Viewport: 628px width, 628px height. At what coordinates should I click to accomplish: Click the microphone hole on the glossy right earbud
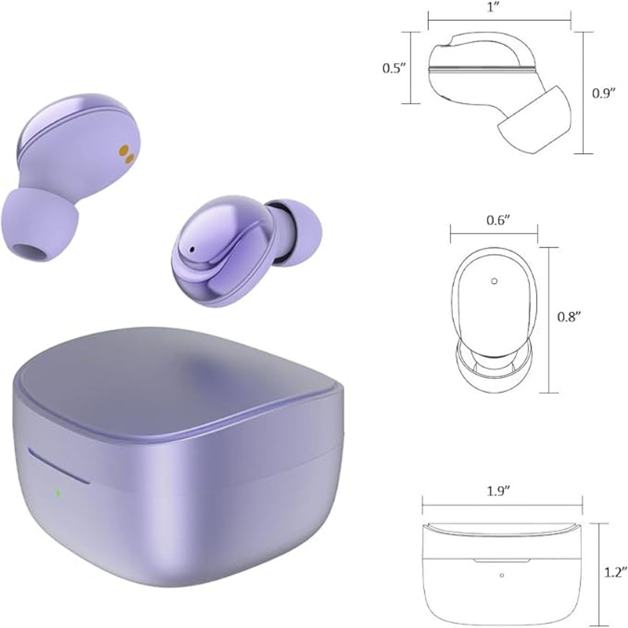pyautogui.click(x=192, y=249)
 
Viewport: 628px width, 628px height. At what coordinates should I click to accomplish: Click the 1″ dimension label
pyautogui.click(x=498, y=9)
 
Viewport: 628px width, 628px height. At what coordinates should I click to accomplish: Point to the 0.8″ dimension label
pyautogui.click(x=569, y=317)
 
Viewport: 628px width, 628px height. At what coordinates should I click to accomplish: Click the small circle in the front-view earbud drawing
pyautogui.click(x=494, y=281)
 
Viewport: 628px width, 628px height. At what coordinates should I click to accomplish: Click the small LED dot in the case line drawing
pyautogui.click(x=501, y=576)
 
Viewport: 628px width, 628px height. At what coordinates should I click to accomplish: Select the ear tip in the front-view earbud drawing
pyautogui.click(x=494, y=366)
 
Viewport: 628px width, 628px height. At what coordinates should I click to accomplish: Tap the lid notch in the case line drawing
pyautogui.click(x=500, y=560)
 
